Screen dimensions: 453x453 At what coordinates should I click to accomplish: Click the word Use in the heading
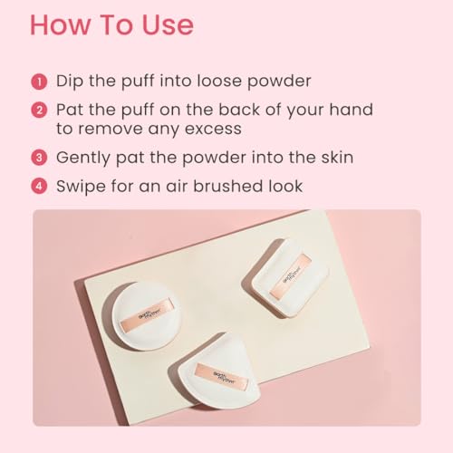pyautogui.click(x=168, y=24)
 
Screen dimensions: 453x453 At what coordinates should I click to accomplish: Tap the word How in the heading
pyautogui.click(x=60, y=24)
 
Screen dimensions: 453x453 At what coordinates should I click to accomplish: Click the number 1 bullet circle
pyautogui.click(x=39, y=82)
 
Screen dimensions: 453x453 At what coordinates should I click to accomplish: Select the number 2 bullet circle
pyautogui.click(x=39, y=111)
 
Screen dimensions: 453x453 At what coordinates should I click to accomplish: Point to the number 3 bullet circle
pyautogui.click(x=39, y=158)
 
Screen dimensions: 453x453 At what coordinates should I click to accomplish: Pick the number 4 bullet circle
pyautogui.click(x=39, y=186)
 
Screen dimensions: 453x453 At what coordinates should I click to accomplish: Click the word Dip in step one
pyautogui.click(x=70, y=82)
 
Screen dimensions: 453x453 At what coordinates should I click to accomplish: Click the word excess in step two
pyautogui.click(x=213, y=130)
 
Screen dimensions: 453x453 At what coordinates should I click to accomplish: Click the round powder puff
pyautogui.click(x=147, y=315)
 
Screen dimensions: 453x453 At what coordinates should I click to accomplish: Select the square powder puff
pyautogui.click(x=291, y=278)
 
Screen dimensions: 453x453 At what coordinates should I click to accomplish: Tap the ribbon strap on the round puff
pyautogui.click(x=147, y=315)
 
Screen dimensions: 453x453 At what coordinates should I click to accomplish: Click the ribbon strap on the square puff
pyautogui.click(x=291, y=276)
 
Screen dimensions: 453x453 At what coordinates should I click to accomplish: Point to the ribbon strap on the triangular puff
pyautogui.click(x=222, y=377)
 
